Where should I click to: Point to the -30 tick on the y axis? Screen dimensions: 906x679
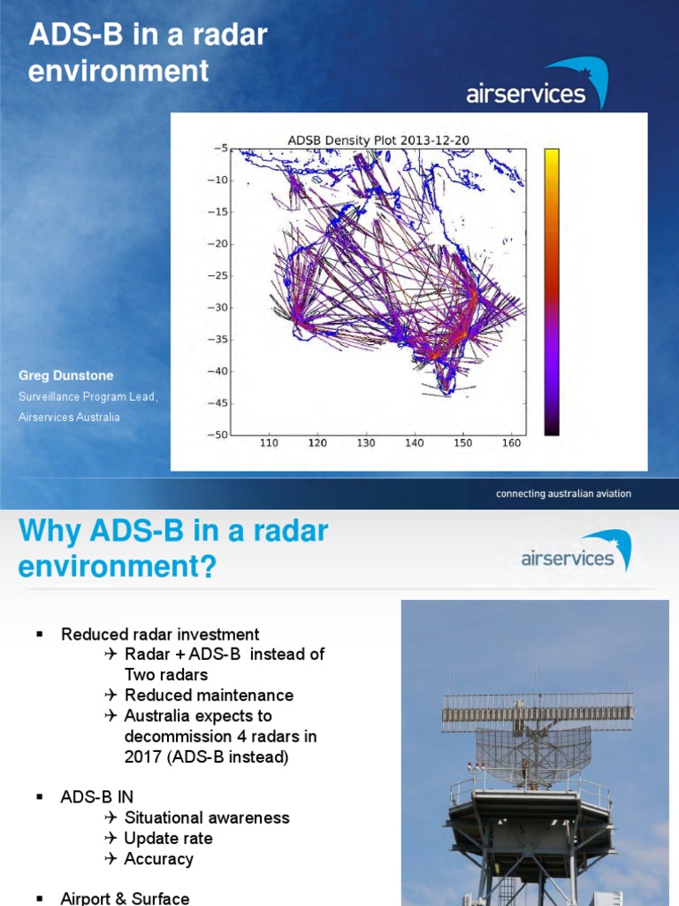point(216,307)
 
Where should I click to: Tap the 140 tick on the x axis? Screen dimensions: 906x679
point(414,443)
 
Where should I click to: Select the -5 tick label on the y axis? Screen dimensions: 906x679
point(218,148)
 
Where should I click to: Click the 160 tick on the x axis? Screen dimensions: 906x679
point(510,443)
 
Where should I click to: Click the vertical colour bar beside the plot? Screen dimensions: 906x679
point(551,292)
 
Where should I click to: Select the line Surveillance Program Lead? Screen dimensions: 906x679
point(88,396)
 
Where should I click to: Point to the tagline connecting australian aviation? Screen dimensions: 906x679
point(563,494)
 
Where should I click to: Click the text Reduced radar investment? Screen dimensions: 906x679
point(160,634)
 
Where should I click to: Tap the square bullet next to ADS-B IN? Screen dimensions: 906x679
point(39,797)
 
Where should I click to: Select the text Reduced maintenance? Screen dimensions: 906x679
point(209,695)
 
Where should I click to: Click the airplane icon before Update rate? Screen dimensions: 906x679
point(111,838)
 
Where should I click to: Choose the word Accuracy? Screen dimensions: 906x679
point(158,858)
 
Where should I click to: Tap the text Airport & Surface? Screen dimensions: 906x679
point(125,898)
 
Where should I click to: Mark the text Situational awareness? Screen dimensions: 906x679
point(207,818)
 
